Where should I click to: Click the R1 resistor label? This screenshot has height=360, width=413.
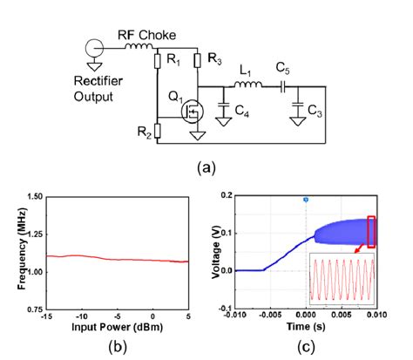click(174, 62)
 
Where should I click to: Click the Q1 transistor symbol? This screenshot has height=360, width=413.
click(189, 112)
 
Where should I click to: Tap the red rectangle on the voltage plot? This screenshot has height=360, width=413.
click(372, 231)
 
